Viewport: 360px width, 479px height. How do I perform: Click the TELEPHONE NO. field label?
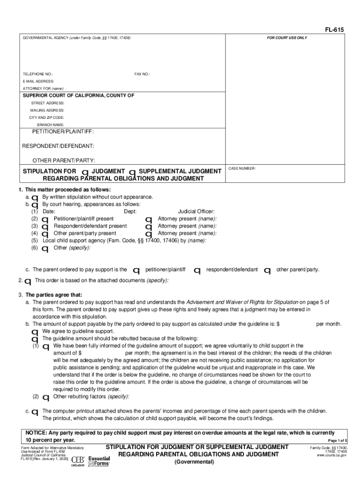tap(38, 74)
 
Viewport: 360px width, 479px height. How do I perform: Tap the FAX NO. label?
tap(142, 74)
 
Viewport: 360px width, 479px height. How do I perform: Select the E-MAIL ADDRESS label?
tap(39, 81)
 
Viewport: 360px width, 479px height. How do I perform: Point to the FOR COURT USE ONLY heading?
tap(287, 38)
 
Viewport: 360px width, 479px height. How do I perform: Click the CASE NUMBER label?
tap(242, 168)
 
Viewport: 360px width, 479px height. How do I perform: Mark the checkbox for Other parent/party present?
tap(45, 234)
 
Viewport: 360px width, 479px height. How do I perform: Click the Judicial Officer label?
tap(196, 211)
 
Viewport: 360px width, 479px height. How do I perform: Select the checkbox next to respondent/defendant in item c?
tap(197, 271)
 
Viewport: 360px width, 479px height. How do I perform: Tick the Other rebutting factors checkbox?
tap(46, 398)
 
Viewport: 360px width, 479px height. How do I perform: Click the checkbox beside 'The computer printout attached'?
tap(35, 413)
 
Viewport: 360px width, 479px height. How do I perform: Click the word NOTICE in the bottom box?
tap(36, 433)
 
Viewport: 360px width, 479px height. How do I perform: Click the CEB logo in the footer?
tap(78, 461)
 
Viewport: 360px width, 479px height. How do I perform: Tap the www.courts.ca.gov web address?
tap(331, 455)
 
